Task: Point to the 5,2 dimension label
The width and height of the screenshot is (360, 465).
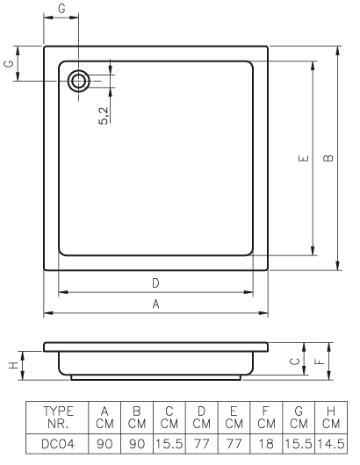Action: [104, 116]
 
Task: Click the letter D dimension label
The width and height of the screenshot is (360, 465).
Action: [155, 283]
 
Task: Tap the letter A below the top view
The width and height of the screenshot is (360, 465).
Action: [155, 304]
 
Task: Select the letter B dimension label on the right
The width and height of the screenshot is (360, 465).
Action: [328, 158]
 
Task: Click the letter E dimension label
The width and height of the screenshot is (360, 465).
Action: [303, 158]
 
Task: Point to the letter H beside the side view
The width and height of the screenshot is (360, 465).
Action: [13, 365]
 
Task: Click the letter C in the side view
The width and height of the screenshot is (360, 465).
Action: [295, 361]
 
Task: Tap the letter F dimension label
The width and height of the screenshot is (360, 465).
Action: [320, 361]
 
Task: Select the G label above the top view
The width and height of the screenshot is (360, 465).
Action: [61, 8]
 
